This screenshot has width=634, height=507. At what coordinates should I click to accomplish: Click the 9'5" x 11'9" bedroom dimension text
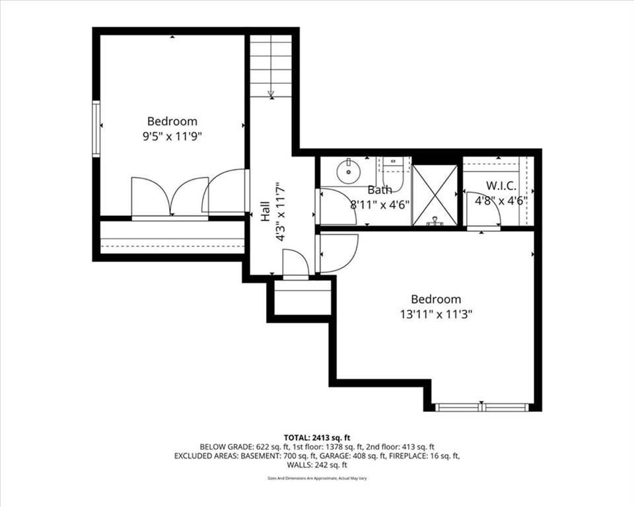172,137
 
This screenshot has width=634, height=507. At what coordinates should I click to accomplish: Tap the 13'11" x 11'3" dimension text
437,314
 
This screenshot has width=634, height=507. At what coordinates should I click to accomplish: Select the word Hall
265,211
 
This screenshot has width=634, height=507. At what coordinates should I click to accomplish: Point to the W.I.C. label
501,186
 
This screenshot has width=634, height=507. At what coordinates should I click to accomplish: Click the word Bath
380,189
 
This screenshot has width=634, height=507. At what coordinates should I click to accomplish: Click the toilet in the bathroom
392,174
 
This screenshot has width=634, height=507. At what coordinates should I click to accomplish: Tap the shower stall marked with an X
435,195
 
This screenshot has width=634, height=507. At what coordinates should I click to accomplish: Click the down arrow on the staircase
271,94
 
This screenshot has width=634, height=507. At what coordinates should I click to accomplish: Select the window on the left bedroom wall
96,129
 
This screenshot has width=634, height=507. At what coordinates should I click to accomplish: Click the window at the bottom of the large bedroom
481,407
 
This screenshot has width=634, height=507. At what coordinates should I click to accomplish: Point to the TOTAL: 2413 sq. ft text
317,438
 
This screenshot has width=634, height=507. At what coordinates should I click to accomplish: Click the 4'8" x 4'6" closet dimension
501,201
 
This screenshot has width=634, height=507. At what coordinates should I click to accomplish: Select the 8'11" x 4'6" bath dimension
380,205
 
